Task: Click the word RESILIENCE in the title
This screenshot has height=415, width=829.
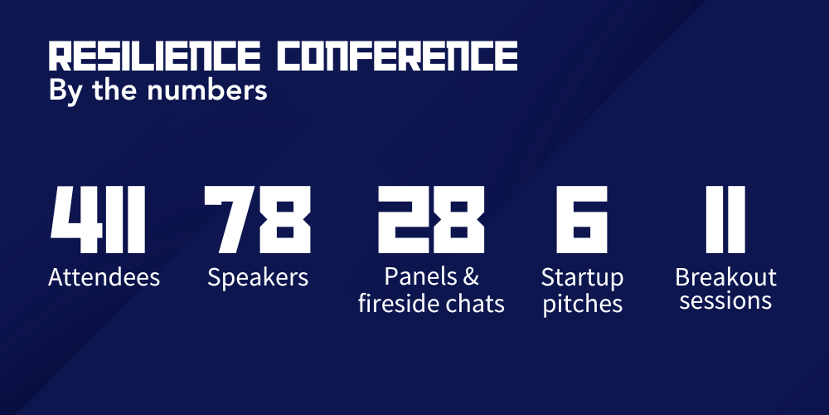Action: pyautogui.click(x=154, y=56)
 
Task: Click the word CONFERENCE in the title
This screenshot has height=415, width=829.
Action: pyautogui.click(x=398, y=56)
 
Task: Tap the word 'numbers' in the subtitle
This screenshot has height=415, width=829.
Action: pyautogui.click(x=206, y=90)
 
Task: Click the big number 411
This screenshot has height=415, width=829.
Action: pyautogui.click(x=98, y=219)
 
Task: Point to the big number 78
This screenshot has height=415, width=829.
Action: pyautogui.click(x=258, y=219)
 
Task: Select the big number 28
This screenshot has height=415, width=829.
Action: pyautogui.click(x=431, y=219)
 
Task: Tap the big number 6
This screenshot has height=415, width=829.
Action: pyautogui.click(x=582, y=219)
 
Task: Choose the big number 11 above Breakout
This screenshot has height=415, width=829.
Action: pyautogui.click(x=725, y=219)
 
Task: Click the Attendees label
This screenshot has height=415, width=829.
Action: pyautogui.click(x=104, y=277)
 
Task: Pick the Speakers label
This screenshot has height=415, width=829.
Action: pyautogui.click(x=258, y=278)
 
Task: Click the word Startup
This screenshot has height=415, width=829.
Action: pyautogui.click(x=582, y=278)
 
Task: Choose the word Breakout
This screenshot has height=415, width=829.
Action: pyautogui.click(x=725, y=277)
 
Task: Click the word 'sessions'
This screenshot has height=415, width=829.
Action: pyautogui.click(x=725, y=301)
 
